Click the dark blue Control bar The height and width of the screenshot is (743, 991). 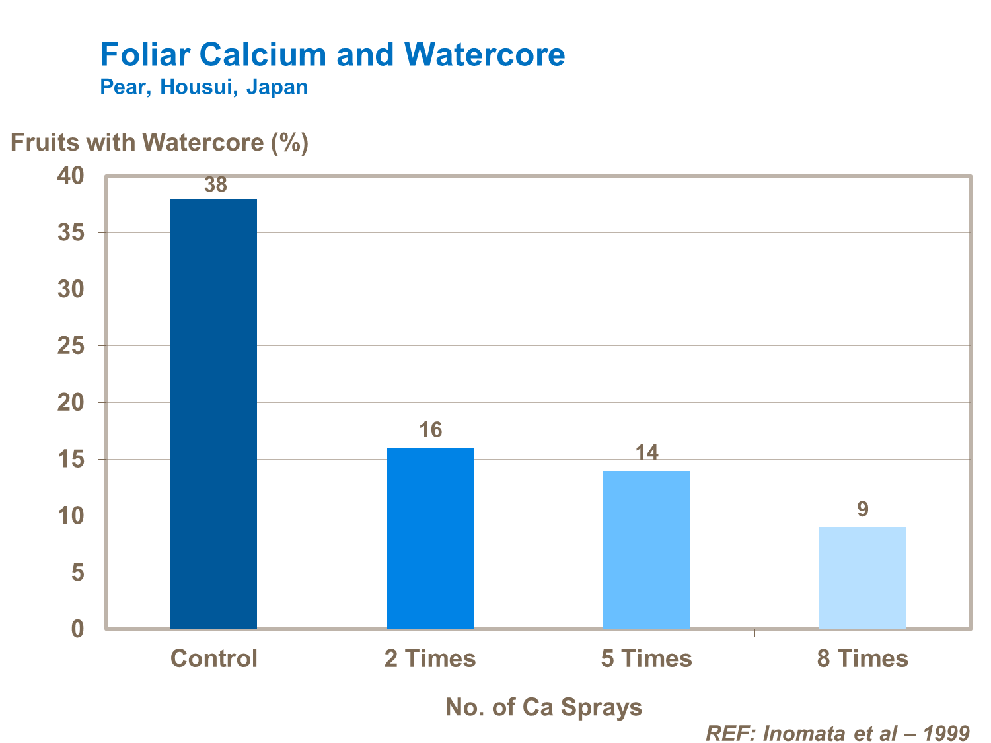[213, 413]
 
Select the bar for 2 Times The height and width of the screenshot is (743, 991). [430, 538]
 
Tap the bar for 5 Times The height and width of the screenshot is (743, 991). [646, 549]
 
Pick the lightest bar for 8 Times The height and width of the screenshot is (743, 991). [862, 577]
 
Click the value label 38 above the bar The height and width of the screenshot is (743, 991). [215, 186]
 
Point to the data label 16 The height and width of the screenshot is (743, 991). [431, 431]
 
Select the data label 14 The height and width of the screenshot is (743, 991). [647, 453]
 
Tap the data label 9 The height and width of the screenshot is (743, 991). [863, 509]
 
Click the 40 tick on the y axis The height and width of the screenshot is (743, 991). [71, 176]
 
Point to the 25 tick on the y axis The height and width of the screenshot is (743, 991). [71, 346]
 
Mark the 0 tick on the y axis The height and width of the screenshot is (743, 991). [78, 629]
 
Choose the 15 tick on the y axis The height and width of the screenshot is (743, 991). [71, 459]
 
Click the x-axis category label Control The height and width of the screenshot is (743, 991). [214, 658]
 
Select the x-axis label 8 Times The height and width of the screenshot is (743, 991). [863, 658]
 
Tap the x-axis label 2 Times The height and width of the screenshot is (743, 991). [430, 658]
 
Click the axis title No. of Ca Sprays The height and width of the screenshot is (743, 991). [544, 707]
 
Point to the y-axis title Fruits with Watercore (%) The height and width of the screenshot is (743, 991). [159, 142]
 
